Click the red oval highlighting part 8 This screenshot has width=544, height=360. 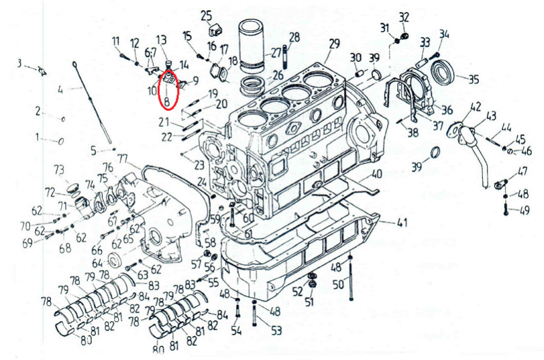(x=169, y=91)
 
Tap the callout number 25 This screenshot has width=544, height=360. (x=206, y=14)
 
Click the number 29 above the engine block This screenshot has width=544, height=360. (x=333, y=44)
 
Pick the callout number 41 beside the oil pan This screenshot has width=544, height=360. (x=402, y=223)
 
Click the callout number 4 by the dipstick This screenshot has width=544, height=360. (x=61, y=89)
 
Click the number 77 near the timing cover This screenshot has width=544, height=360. (x=122, y=159)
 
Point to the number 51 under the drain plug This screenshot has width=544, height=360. (x=309, y=301)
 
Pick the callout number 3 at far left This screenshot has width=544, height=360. (x=20, y=63)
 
